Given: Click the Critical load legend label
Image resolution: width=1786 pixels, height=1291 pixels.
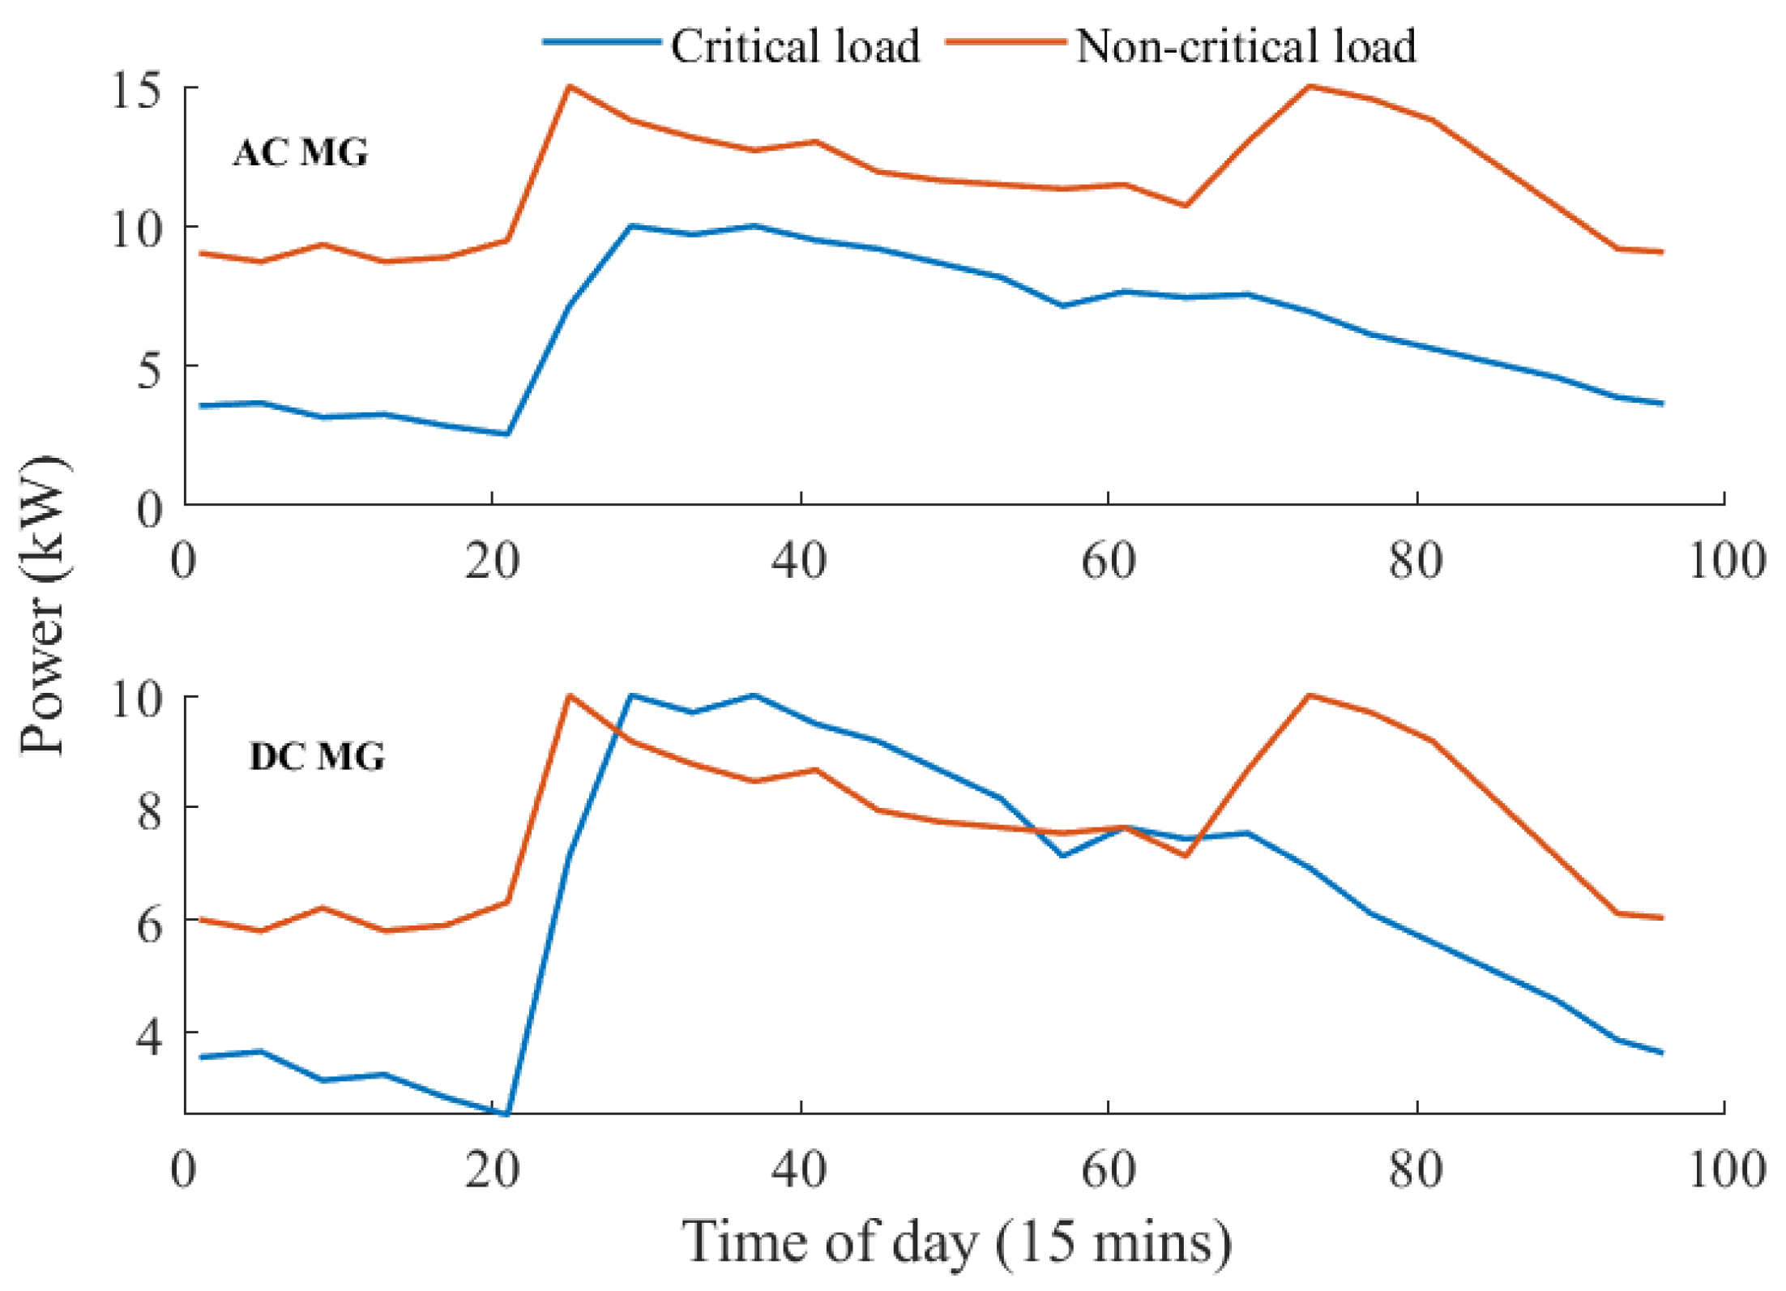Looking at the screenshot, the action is pos(796,45).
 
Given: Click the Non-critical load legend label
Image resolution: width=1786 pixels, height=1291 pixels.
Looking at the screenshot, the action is pos(1246,45).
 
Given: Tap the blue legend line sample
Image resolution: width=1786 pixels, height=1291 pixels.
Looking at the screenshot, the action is pos(602,42).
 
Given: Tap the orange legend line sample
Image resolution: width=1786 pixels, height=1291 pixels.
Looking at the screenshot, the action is pos(1006,42).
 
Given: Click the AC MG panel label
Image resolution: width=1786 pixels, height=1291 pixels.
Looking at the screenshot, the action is pos(301,152).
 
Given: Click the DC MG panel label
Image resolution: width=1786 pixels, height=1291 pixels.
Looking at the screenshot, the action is pos(317,756).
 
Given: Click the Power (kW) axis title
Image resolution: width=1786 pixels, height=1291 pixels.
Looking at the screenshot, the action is pos(42,605).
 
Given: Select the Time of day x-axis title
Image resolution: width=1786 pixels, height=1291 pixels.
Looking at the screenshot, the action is pos(956,1242).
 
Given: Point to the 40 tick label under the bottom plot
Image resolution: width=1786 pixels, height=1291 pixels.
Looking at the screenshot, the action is pos(800,1169).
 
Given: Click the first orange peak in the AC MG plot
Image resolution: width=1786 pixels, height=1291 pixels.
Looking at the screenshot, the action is pos(570,86).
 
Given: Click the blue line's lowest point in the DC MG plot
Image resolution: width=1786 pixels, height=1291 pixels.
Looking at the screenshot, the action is pos(507,1114).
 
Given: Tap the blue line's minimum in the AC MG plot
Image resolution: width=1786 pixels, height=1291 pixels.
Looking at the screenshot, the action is pos(507,434).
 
